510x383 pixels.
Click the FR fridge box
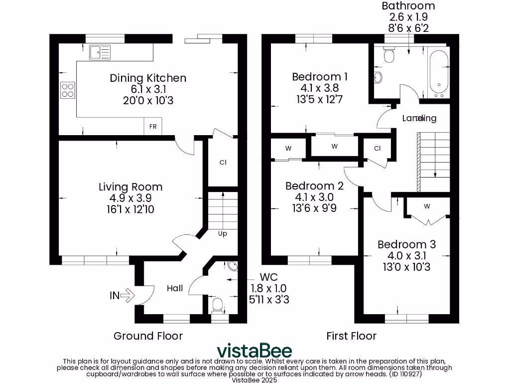pos(153,127)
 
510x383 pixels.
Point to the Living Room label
pos(130,187)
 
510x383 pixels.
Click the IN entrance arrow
pos(123,295)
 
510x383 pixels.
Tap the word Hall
pos(175,288)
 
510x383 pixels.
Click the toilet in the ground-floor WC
pos(218,304)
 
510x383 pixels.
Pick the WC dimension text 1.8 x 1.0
pos(268,288)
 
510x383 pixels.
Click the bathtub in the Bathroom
pos(439,74)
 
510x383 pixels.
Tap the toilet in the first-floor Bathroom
pos(389,55)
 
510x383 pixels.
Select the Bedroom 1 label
pos(319,77)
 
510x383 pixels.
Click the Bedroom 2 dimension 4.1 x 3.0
pos(314,197)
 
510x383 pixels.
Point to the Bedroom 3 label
pos(406,244)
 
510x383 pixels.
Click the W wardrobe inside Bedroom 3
pos(427,206)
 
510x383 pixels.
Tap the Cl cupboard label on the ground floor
pos(223,162)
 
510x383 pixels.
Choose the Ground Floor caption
pos(148,336)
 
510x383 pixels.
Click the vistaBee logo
pos(254,350)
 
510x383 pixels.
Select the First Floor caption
pos(351,336)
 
